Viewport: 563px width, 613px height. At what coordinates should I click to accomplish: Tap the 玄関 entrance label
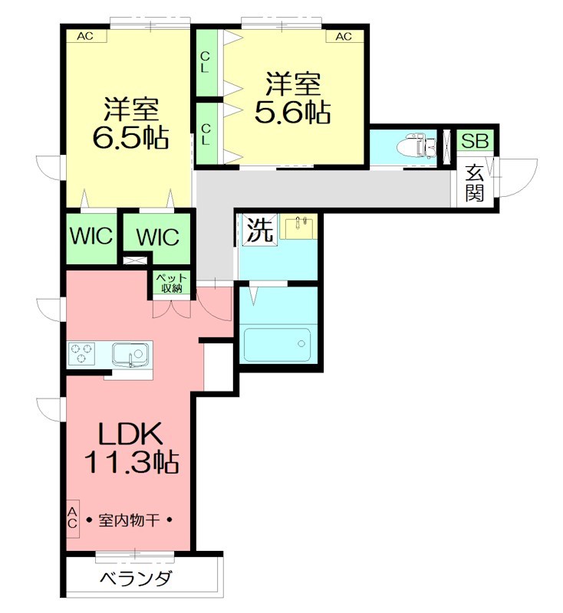click(475, 184)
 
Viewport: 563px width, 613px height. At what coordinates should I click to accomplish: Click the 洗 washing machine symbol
click(259, 231)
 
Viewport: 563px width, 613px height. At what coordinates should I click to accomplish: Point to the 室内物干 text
click(129, 520)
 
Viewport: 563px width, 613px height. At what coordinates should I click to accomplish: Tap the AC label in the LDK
click(72, 517)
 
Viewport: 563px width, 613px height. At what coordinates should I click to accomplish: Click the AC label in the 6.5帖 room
click(85, 36)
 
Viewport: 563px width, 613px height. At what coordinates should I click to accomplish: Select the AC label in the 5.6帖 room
click(343, 36)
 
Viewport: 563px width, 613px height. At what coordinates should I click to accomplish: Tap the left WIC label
click(92, 236)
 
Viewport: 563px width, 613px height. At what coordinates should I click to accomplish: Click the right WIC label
click(156, 237)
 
